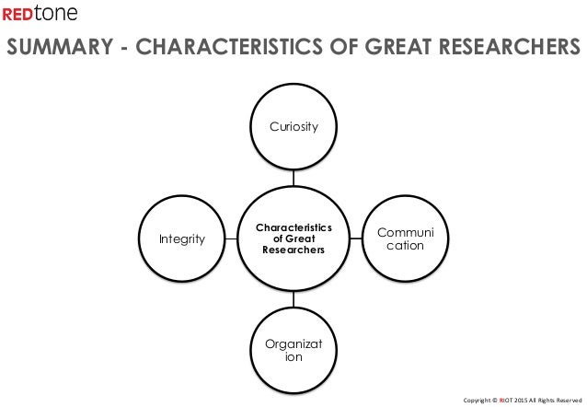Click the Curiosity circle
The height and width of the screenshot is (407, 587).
point(293,127)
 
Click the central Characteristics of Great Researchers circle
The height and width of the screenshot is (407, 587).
point(293,239)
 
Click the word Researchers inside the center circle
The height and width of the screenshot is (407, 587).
point(293,252)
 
